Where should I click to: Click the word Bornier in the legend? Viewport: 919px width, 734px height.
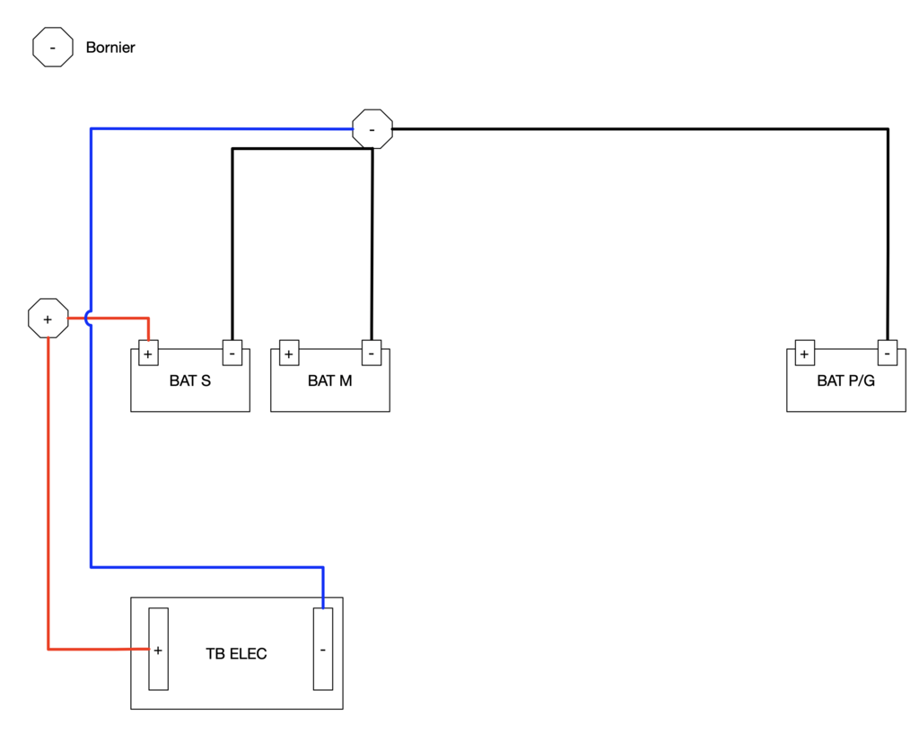110,48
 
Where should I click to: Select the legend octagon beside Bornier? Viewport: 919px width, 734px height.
53,47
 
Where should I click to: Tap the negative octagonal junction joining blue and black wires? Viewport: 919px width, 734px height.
372,129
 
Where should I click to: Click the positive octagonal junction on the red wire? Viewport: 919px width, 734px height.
48,319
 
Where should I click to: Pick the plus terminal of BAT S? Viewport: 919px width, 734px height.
148,354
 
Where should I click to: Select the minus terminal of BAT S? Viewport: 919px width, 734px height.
232,353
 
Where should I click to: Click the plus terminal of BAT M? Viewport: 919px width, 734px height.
289,354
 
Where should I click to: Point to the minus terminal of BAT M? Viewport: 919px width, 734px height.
372,353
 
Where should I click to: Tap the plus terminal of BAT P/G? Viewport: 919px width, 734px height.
805,354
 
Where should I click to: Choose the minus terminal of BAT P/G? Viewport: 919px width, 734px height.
888,353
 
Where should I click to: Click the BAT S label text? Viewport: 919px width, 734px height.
190,380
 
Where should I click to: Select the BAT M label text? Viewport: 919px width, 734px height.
330,380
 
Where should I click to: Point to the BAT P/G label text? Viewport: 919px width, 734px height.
845,380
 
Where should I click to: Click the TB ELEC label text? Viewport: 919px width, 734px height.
236,654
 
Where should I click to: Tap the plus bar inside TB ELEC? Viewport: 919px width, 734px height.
158,649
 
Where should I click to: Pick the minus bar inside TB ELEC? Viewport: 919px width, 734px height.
323,649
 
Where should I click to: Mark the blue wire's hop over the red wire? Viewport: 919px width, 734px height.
87,319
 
